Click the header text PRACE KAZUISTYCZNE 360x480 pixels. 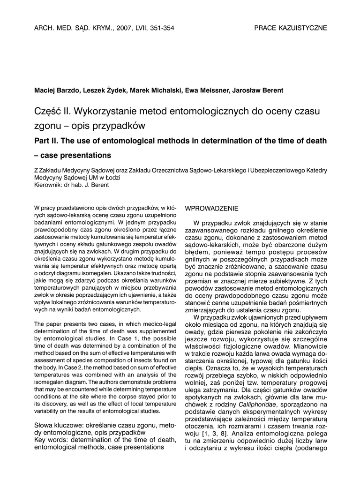point(291,28)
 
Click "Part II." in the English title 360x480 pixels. point(47,141)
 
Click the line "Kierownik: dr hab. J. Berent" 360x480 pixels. point(72,185)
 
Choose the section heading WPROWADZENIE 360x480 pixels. point(212,208)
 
